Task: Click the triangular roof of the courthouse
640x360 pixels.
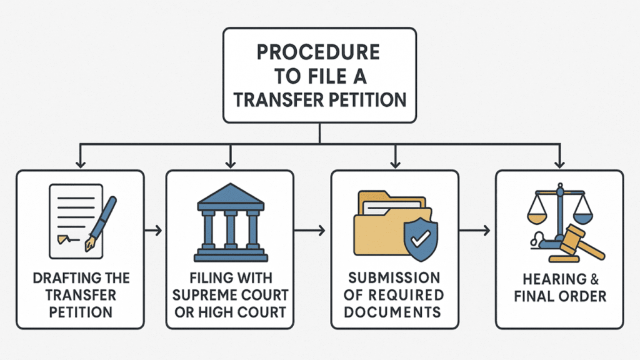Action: tap(230, 194)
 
